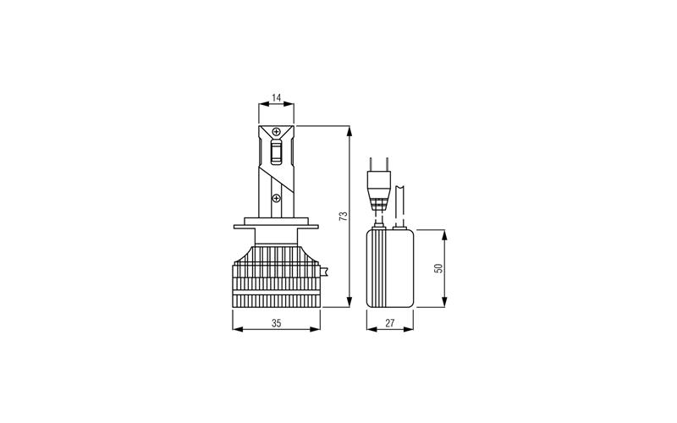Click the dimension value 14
[277, 98]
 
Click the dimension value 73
[344, 217]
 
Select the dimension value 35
[277, 323]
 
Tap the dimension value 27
[390, 323]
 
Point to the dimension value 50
[439, 268]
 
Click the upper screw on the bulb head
[277, 131]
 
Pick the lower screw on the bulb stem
[277, 198]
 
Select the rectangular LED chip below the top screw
[277, 152]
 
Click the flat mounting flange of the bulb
[277, 227]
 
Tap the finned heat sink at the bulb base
[277, 277]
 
